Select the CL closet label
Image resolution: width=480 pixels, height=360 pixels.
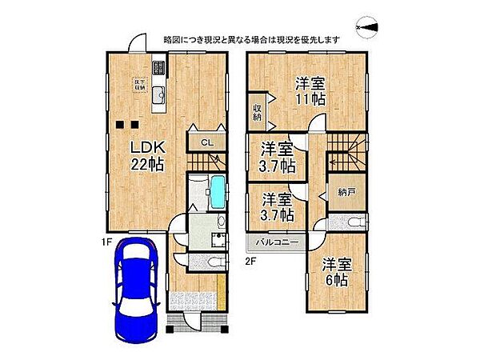pyautogui.click(x=206, y=142)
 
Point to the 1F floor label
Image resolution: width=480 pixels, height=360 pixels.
pyautogui.click(x=106, y=238)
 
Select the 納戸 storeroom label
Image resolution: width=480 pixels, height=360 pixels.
pyautogui.click(x=346, y=193)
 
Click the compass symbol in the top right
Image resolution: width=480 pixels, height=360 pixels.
pyautogui.click(x=369, y=29)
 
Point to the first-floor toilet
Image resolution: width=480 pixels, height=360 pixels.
pyautogui.click(x=215, y=264)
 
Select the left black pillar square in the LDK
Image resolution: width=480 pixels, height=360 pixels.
pyautogui.click(x=118, y=124)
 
